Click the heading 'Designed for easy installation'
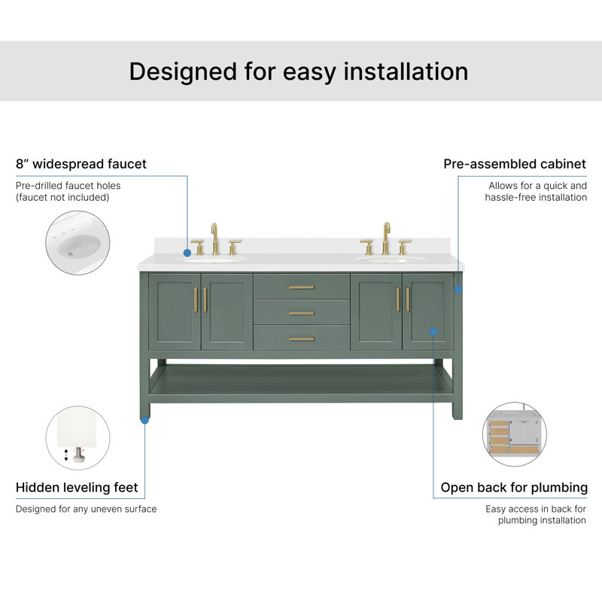click(299, 71)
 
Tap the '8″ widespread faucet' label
click(81, 164)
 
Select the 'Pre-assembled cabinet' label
click(515, 164)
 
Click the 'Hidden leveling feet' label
click(77, 487)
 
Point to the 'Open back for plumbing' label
click(514, 488)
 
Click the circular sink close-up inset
click(78, 242)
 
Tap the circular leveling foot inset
click(78, 438)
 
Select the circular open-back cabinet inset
click(515, 434)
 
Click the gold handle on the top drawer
click(302, 287)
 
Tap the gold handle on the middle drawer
click(302, 313)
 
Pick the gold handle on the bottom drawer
click(302, 339)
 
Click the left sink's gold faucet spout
click(215, 239)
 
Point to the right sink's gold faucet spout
click(386, 239)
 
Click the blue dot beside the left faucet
click(187, 253)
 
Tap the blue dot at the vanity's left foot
click(144, 421)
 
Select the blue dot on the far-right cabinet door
click(433, 331)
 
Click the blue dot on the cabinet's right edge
click(458, 290)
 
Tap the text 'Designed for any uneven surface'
click(87, 509)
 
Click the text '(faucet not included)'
click(62, 197)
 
